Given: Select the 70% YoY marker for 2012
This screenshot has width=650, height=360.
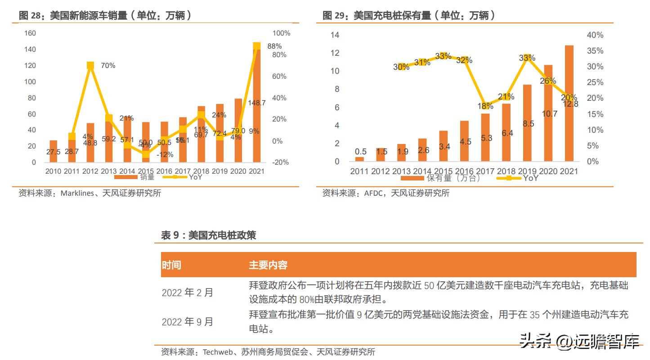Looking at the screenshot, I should click(90, 66).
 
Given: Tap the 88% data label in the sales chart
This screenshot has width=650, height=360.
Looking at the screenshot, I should click(274, 46).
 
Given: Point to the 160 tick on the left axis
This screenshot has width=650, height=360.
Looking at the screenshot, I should click(30, 33).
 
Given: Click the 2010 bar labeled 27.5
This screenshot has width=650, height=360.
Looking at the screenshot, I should click(53, 151).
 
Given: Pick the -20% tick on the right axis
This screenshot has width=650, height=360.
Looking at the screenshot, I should click(281, 162).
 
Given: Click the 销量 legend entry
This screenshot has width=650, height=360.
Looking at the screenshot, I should click(139, 177).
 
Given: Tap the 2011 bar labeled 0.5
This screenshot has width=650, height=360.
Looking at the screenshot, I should click(359, 159).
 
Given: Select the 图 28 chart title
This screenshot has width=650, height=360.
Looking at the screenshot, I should click(106, 16).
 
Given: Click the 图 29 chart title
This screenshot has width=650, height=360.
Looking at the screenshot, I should click(409, 16).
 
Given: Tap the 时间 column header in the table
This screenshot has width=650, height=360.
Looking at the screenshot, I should click(171, 265).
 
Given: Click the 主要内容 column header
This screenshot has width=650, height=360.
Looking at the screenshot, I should click(268, 265).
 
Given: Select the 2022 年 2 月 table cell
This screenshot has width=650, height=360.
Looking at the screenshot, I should click(188, 292).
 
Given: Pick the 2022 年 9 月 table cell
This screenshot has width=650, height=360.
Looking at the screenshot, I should click(188, 322).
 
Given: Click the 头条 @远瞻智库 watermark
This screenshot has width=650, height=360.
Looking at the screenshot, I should click(579, 342).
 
